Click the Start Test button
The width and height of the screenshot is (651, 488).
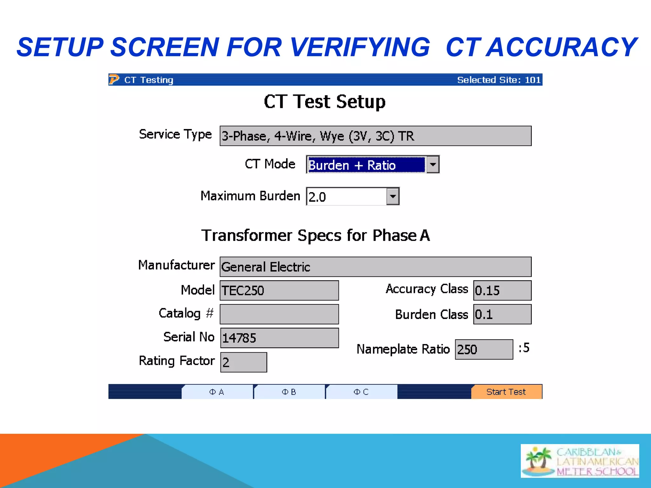[506, 392]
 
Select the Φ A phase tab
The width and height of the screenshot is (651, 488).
[217, 392]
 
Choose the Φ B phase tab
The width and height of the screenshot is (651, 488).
[289, 392]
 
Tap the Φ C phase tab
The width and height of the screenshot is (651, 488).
[361, 392]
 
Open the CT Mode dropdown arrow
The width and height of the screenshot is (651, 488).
[433, 165]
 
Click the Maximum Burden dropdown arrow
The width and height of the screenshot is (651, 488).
[393, 196]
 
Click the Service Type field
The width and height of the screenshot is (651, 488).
[375, 136]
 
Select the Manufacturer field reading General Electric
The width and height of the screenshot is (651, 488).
[375, 267]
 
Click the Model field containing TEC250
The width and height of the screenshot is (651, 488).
[279, 290]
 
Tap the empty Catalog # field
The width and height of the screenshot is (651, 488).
[279, 314]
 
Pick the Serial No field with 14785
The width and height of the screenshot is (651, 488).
[279, 338]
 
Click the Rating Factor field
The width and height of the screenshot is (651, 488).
[243, 362]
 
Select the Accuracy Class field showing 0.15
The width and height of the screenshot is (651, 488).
[502, 290]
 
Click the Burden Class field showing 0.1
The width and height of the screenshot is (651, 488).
[502, 314]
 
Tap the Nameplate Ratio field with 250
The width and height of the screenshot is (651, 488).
[484, 349]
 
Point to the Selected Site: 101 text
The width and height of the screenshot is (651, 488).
[498, 80]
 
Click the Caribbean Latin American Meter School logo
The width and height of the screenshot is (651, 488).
[579, 461]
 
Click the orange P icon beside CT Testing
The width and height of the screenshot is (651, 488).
[114, 79]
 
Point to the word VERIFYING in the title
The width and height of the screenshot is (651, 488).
[360, 47]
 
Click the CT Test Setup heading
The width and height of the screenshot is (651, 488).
[325, 102]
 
